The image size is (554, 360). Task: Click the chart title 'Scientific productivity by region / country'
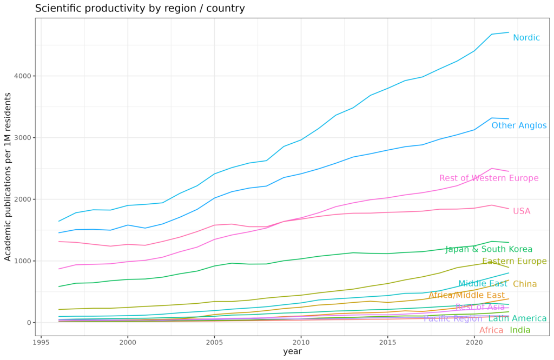tap(140, 9)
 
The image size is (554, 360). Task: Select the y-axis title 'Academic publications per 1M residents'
tap(8, 177)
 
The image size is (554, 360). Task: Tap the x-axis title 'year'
tap(292, 351)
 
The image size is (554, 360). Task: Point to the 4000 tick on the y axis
tap(22, 76)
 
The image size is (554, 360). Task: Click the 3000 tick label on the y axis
tap(22, 138)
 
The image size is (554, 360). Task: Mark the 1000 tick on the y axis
tap(22, 261)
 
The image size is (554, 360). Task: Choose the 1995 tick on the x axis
tap(41, 342)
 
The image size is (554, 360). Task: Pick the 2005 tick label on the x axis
tap(214, 342)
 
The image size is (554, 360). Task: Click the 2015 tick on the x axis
tap(387, 342)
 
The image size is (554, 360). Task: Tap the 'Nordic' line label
tap(526, 38)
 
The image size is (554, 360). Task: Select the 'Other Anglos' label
tap(519, 126)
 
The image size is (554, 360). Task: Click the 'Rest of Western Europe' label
tap(489, 178)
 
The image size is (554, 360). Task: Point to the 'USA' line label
tap(522, 211)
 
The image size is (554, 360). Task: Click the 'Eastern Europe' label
tap(514, 262)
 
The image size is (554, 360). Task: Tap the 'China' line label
tap(525, 284)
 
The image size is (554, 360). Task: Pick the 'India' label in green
tap(520, 330)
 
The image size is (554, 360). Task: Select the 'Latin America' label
tap(517, 319)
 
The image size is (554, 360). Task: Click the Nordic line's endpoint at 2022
tap(509, 32)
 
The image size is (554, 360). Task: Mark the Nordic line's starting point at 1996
tap(58, 221)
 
